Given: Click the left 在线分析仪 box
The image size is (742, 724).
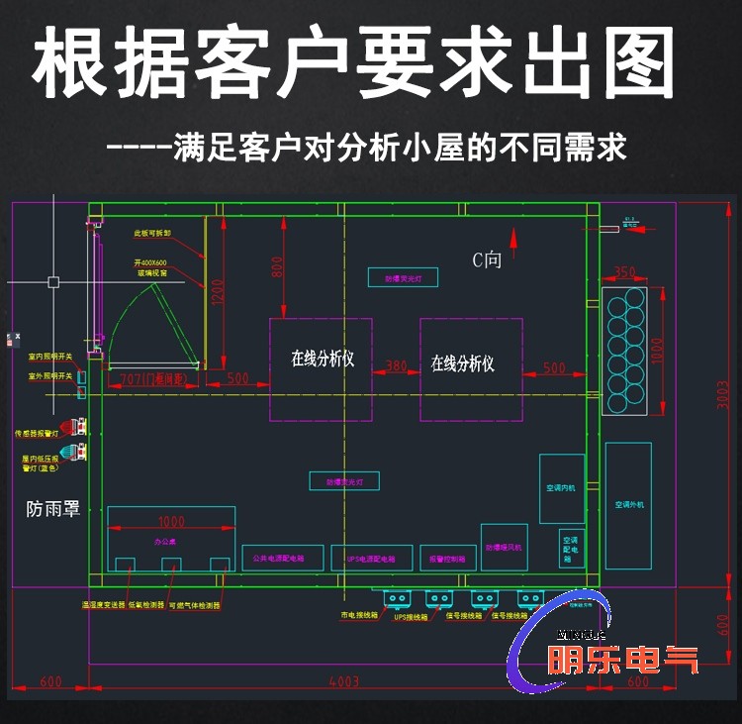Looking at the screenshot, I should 322,368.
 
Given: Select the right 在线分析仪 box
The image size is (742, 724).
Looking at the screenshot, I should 471,368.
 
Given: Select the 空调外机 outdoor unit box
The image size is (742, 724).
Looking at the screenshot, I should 628,505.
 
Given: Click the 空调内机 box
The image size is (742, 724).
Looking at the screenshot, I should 561,488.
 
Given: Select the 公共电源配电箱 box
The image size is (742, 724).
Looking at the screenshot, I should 281,558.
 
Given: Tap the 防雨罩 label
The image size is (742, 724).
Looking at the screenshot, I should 52,509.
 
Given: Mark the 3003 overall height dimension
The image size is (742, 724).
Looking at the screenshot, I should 723,392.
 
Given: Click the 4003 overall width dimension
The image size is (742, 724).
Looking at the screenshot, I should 343,682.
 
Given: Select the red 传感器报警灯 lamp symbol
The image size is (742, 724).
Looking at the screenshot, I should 73,428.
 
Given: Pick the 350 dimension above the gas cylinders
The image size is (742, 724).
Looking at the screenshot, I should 624,271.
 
